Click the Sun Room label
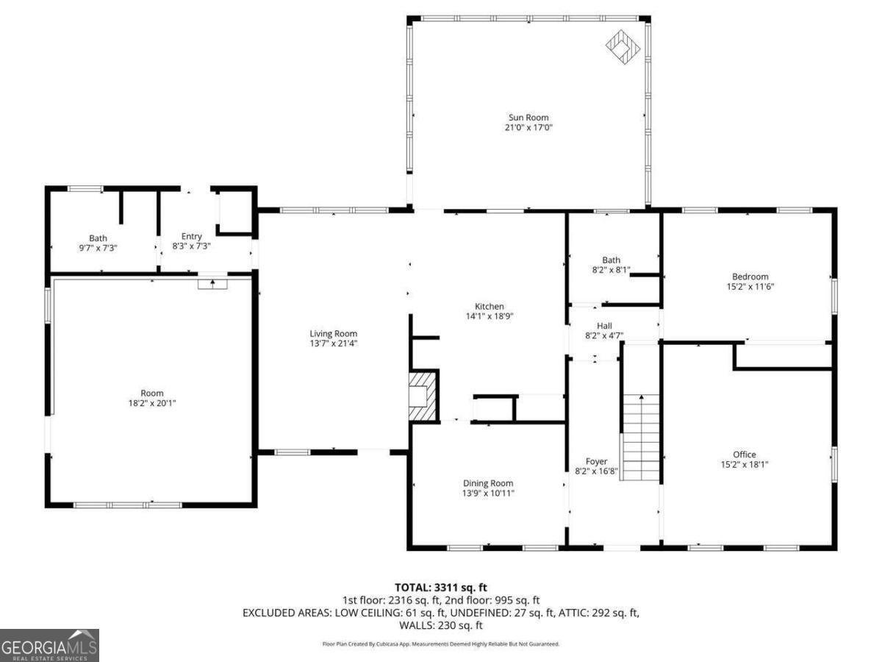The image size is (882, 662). click(528, 118)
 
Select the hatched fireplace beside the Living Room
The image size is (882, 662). click(423, 396)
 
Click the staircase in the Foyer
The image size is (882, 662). click(641, 438)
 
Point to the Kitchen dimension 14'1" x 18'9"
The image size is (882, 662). click(489, 316)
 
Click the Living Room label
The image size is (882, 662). click(333, 333)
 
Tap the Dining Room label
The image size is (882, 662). click(483, 483)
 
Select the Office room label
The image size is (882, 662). click(744, 455)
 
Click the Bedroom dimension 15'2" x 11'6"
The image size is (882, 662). click(750, 287)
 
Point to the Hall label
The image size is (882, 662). click(603, 326)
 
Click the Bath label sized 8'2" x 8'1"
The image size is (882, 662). click(611, 260)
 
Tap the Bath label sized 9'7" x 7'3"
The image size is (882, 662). click(98, 238)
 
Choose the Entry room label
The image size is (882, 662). click(192, 236)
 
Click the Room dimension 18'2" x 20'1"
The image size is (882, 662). click(152, 403)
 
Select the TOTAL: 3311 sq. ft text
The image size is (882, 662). click(440, 587)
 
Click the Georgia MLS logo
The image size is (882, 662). click(49, 645)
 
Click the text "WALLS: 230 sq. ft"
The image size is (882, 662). click(440, 625)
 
